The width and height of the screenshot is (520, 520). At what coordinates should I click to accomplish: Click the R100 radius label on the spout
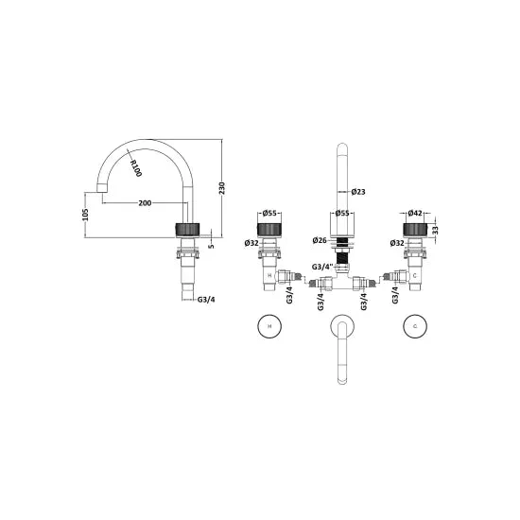[x=135, y=168]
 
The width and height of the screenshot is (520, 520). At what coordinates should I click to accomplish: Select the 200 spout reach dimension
[x=145, y=203]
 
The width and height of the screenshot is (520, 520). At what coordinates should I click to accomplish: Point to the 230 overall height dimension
[x=222, y=188]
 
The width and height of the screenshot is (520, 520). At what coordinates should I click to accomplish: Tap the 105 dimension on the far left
[x=85, y=215]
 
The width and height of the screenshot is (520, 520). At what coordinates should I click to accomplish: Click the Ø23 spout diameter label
[x=358, y=192]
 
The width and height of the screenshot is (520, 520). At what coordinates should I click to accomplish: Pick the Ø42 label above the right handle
[x=415, y=213]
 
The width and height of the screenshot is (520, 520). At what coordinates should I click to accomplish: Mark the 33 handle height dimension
[x=436, y=230]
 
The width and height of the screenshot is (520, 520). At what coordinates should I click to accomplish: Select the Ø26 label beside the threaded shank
[x=320, y=240]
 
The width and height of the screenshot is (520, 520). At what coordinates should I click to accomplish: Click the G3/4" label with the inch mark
[x=321, y=267]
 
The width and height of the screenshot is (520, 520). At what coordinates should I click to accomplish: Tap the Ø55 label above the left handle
[x=269, y=214]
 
